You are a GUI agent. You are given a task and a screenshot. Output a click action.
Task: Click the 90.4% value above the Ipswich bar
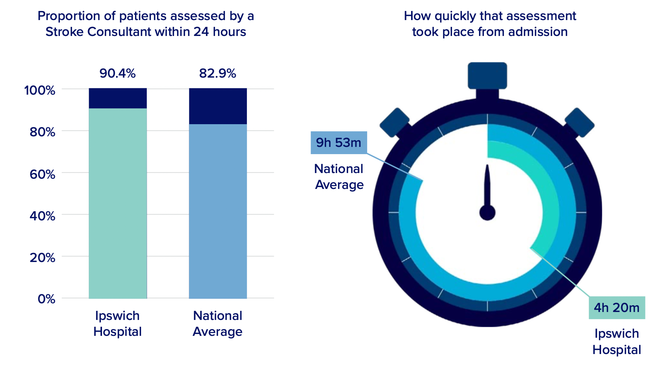pyautogui.click(x=118, y=73)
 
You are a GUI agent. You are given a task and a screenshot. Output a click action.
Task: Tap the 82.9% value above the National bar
pyautogui.click(x=217, y=73)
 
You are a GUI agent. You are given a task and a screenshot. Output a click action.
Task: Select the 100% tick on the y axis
pyautogui.click(x=40, y=90)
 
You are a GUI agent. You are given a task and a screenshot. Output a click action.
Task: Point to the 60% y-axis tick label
pyautogui.click(x=42, y=174)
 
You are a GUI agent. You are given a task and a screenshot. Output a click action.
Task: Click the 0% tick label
pyautogui.click(x=46, y=299)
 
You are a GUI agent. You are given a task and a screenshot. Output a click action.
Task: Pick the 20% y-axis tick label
pyautogui.click(x=42, y=257)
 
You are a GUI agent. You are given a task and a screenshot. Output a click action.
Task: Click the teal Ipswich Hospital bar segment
pyautogui.click(x=118, y=203)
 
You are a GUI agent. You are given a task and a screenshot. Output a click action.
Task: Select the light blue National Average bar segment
pyautogui.click(x=218, y=211)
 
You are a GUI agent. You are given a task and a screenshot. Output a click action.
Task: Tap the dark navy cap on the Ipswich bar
pyautogui.click(x=118, y=98)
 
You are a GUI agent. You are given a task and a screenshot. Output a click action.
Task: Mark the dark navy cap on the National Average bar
pyautogui.click(x=218, y=106)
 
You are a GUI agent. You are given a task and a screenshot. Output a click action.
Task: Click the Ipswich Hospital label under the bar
pyautogui.click(x=118, y=323)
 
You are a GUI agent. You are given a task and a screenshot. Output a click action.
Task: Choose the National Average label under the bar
pyautogui.click(x=217, y=323)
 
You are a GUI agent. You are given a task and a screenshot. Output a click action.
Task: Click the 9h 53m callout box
pyautogui.click(x=339, y=143)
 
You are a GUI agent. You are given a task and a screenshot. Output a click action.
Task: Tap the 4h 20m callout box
pyautogui.click(x=617, y=307)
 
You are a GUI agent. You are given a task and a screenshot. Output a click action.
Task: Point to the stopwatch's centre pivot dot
pyautogui.click(x=487, y=212)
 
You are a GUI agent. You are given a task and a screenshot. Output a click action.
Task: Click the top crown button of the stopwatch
pyautogui.click(x=487, y=75)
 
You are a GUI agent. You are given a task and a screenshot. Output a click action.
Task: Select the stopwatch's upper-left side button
pyautogui.click(x=394, y=122)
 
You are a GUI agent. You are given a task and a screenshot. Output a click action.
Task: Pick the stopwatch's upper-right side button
pyautogui.click(x=579, y=122)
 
